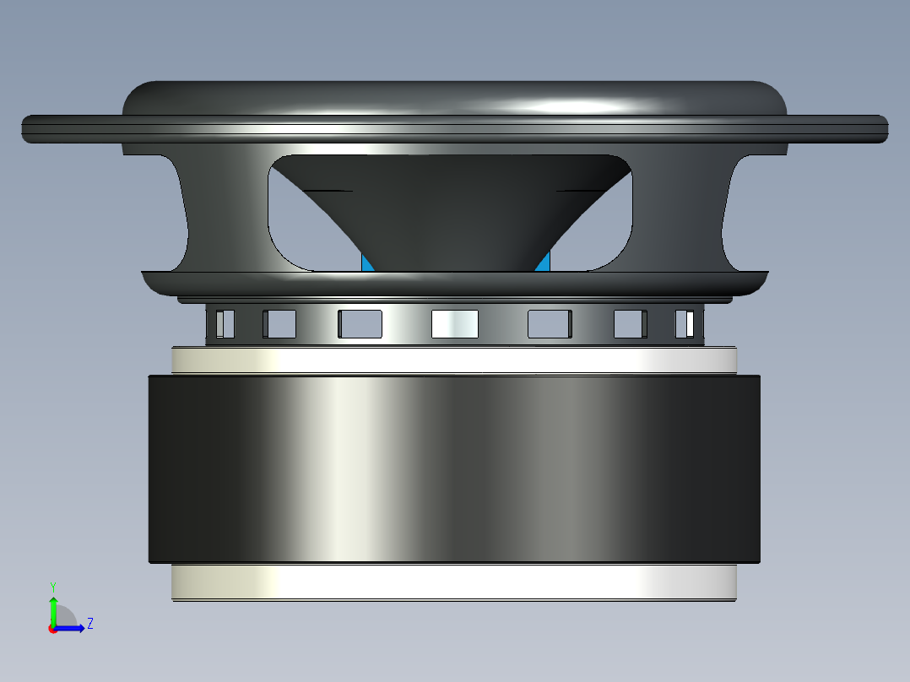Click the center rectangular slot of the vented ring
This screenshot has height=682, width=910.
coord(454,324)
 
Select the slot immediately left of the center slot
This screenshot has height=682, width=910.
coord(360,324)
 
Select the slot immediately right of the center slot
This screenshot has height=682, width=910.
coord(550,324)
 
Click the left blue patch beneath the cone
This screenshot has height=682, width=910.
coord(367,263)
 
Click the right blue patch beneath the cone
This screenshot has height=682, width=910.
coord(544,263)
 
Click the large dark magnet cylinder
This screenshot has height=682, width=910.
coord(454,468)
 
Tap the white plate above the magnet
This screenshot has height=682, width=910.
coord(454,360)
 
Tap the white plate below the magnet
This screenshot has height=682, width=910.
coord(454,582)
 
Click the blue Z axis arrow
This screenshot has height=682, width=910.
coord(73,627)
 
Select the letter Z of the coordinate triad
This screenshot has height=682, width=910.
coord(89,624)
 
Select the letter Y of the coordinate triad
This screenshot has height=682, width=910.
coord(53,586)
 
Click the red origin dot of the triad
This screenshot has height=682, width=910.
coord(52,629)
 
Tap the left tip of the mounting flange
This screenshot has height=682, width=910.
coord(25,128)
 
